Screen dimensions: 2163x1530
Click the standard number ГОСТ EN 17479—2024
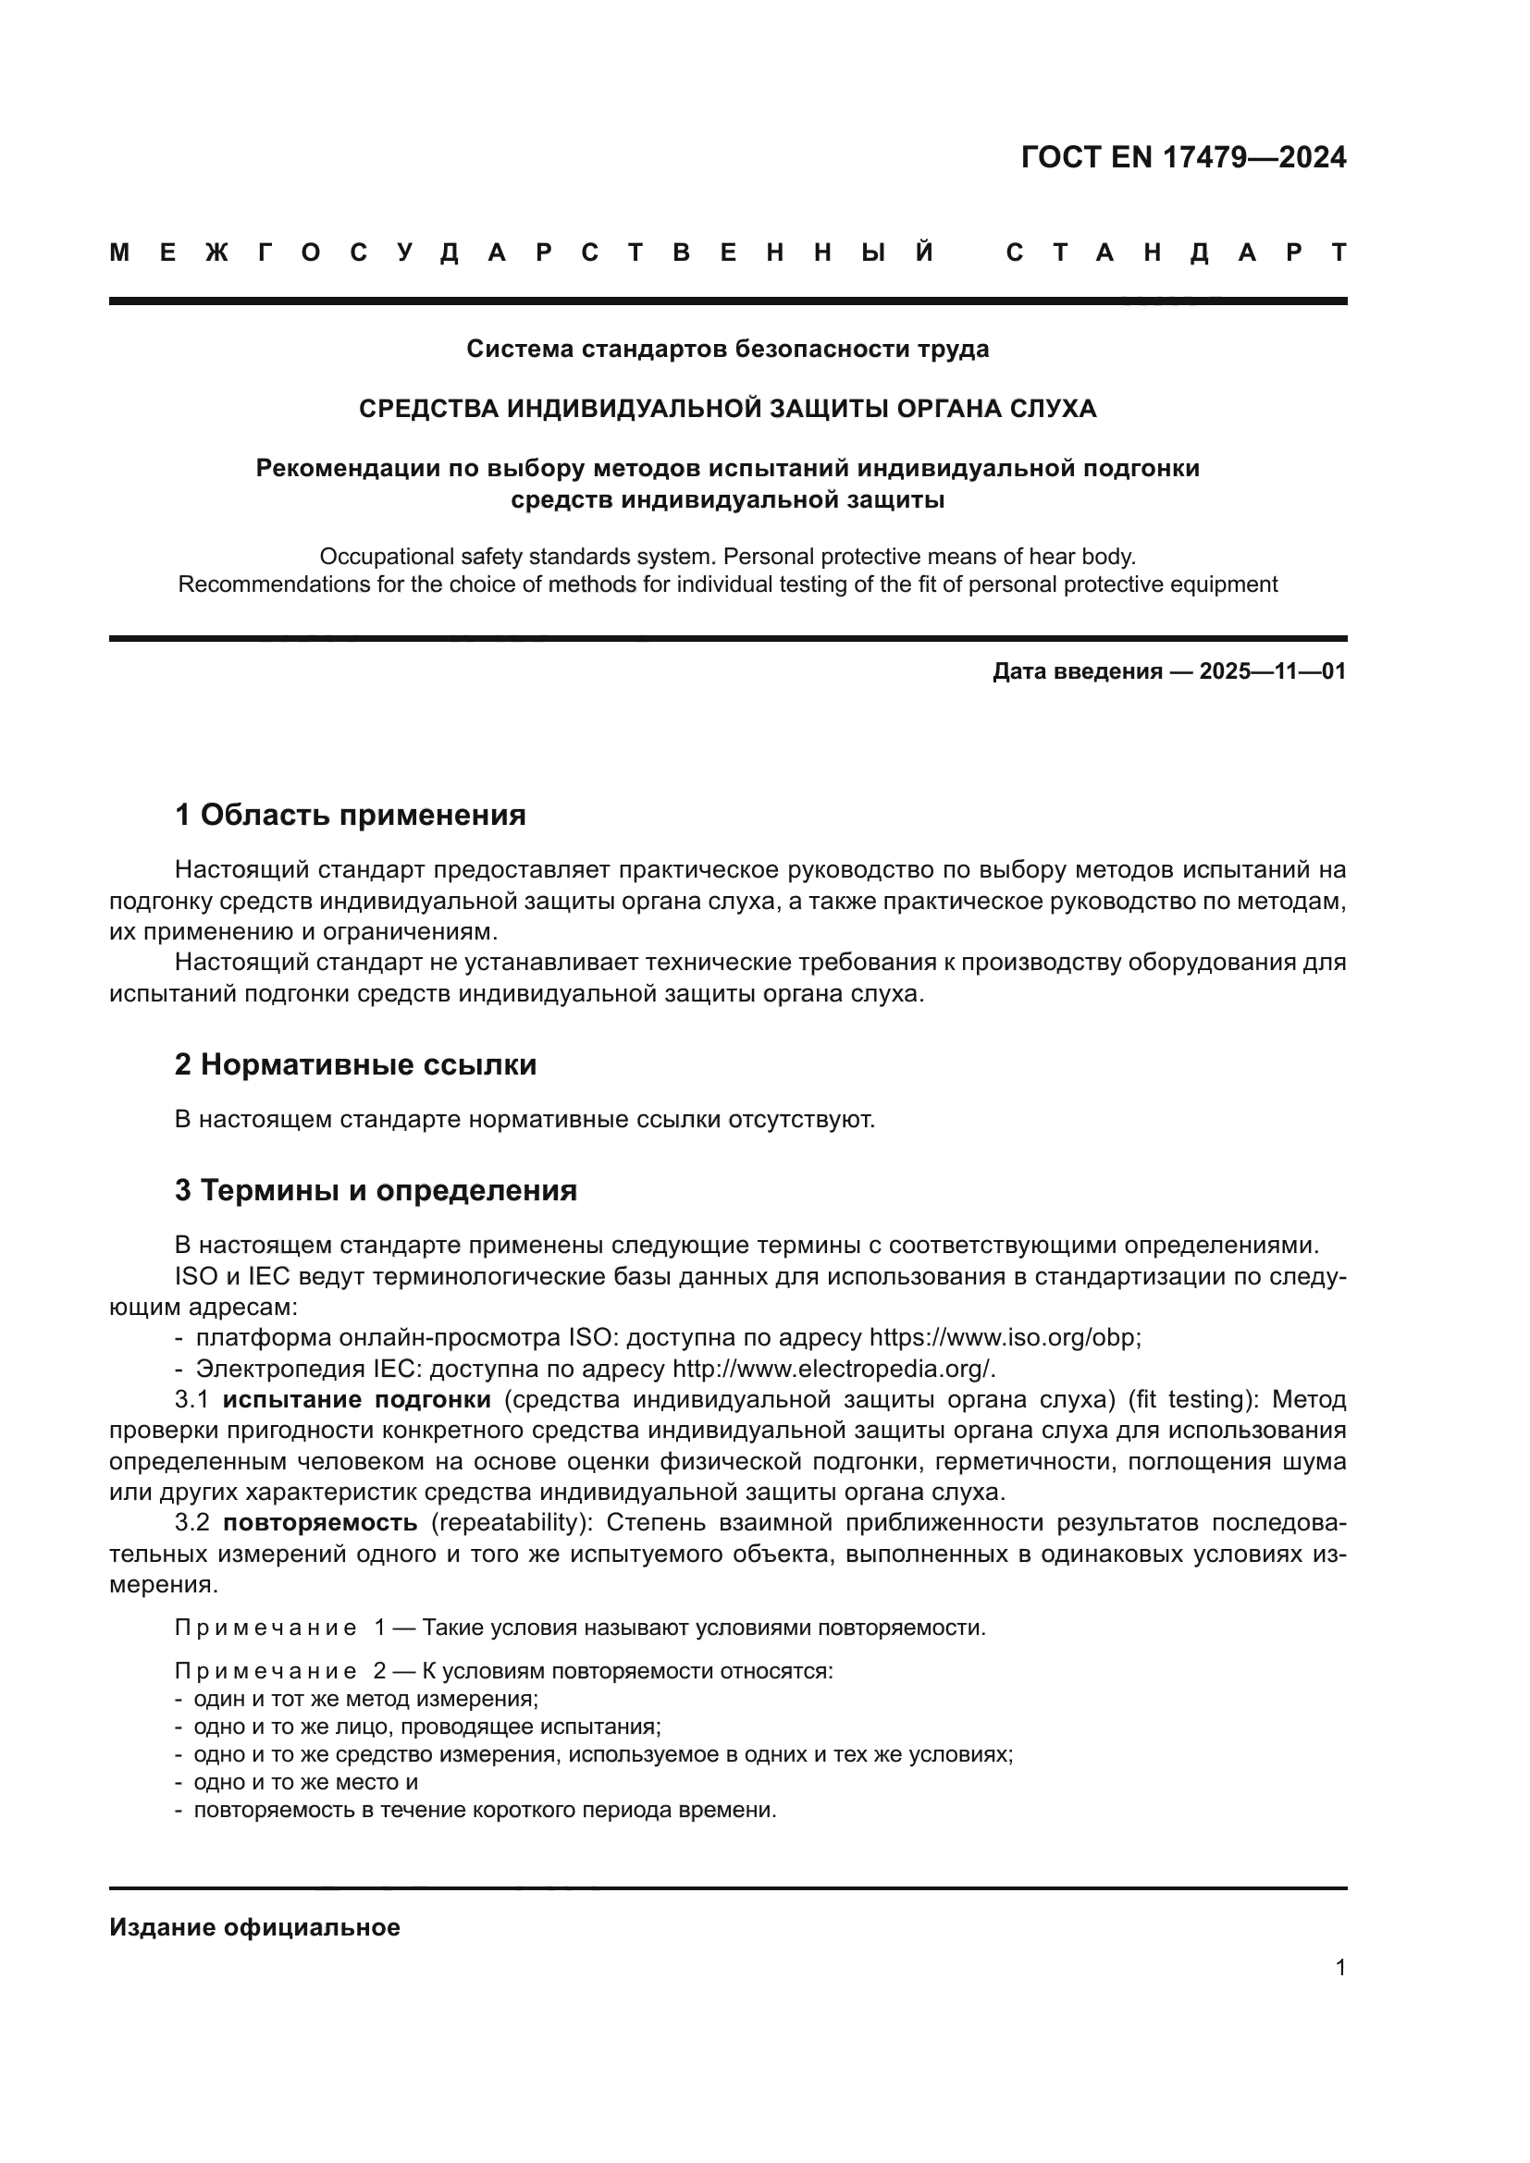[x=1183, y=157]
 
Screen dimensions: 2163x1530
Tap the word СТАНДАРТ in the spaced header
[x=1176, y=252]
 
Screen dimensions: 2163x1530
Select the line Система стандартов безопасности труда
[x=727, y=350]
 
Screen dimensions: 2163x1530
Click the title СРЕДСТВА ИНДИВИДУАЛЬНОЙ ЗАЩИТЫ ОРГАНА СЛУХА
[x=727, y=409]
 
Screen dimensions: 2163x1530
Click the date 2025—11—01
[x=1272, y=671]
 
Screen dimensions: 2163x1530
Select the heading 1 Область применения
[x=350, y=815]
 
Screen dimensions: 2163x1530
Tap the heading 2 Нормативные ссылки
[x=355, y=1065]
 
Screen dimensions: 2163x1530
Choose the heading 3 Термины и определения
[x=375, y=1191]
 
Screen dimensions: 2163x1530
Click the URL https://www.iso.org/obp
[x=1004, y=1339]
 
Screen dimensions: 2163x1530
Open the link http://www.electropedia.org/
[x=833, y=1369]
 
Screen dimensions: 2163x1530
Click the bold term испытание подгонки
[x=356, y=1400]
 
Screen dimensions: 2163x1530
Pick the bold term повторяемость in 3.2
[x=320, y=1523]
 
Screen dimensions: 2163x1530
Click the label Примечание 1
[x=278, y=1628]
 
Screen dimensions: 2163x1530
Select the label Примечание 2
[x=278, y=1671]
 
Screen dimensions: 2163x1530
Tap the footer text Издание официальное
[x=254, y=1927]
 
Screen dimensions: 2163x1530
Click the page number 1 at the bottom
[x=1339, y=1968]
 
